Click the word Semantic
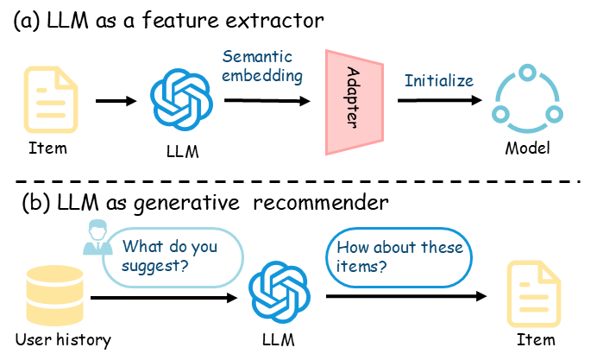[257, 57]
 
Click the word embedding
[262, 76]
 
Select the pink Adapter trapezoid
[354, 102]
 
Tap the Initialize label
[439, 81]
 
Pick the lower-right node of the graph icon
[554, 114]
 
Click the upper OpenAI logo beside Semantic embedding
[181, 99]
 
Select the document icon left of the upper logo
[51, 99]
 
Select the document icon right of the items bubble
[533, 294]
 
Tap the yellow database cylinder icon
[54, 295]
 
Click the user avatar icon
[97, 237]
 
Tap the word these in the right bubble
[442, 248]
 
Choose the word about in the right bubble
[394, 248]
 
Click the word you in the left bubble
[204, 247]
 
